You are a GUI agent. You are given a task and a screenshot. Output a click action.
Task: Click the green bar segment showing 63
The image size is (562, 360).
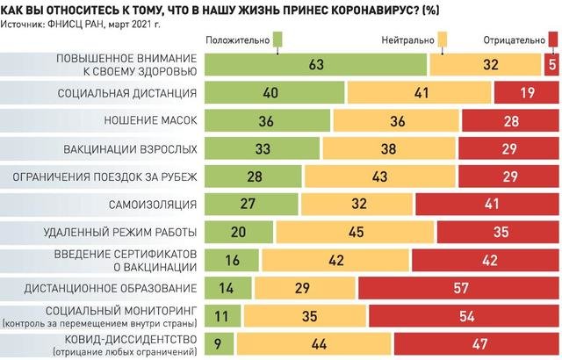(x=316, y=64)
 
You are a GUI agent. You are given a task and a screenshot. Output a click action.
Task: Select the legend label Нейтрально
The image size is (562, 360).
(x=408, y=40)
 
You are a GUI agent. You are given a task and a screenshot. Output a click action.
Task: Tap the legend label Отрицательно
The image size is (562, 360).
(x=515, y=40)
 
